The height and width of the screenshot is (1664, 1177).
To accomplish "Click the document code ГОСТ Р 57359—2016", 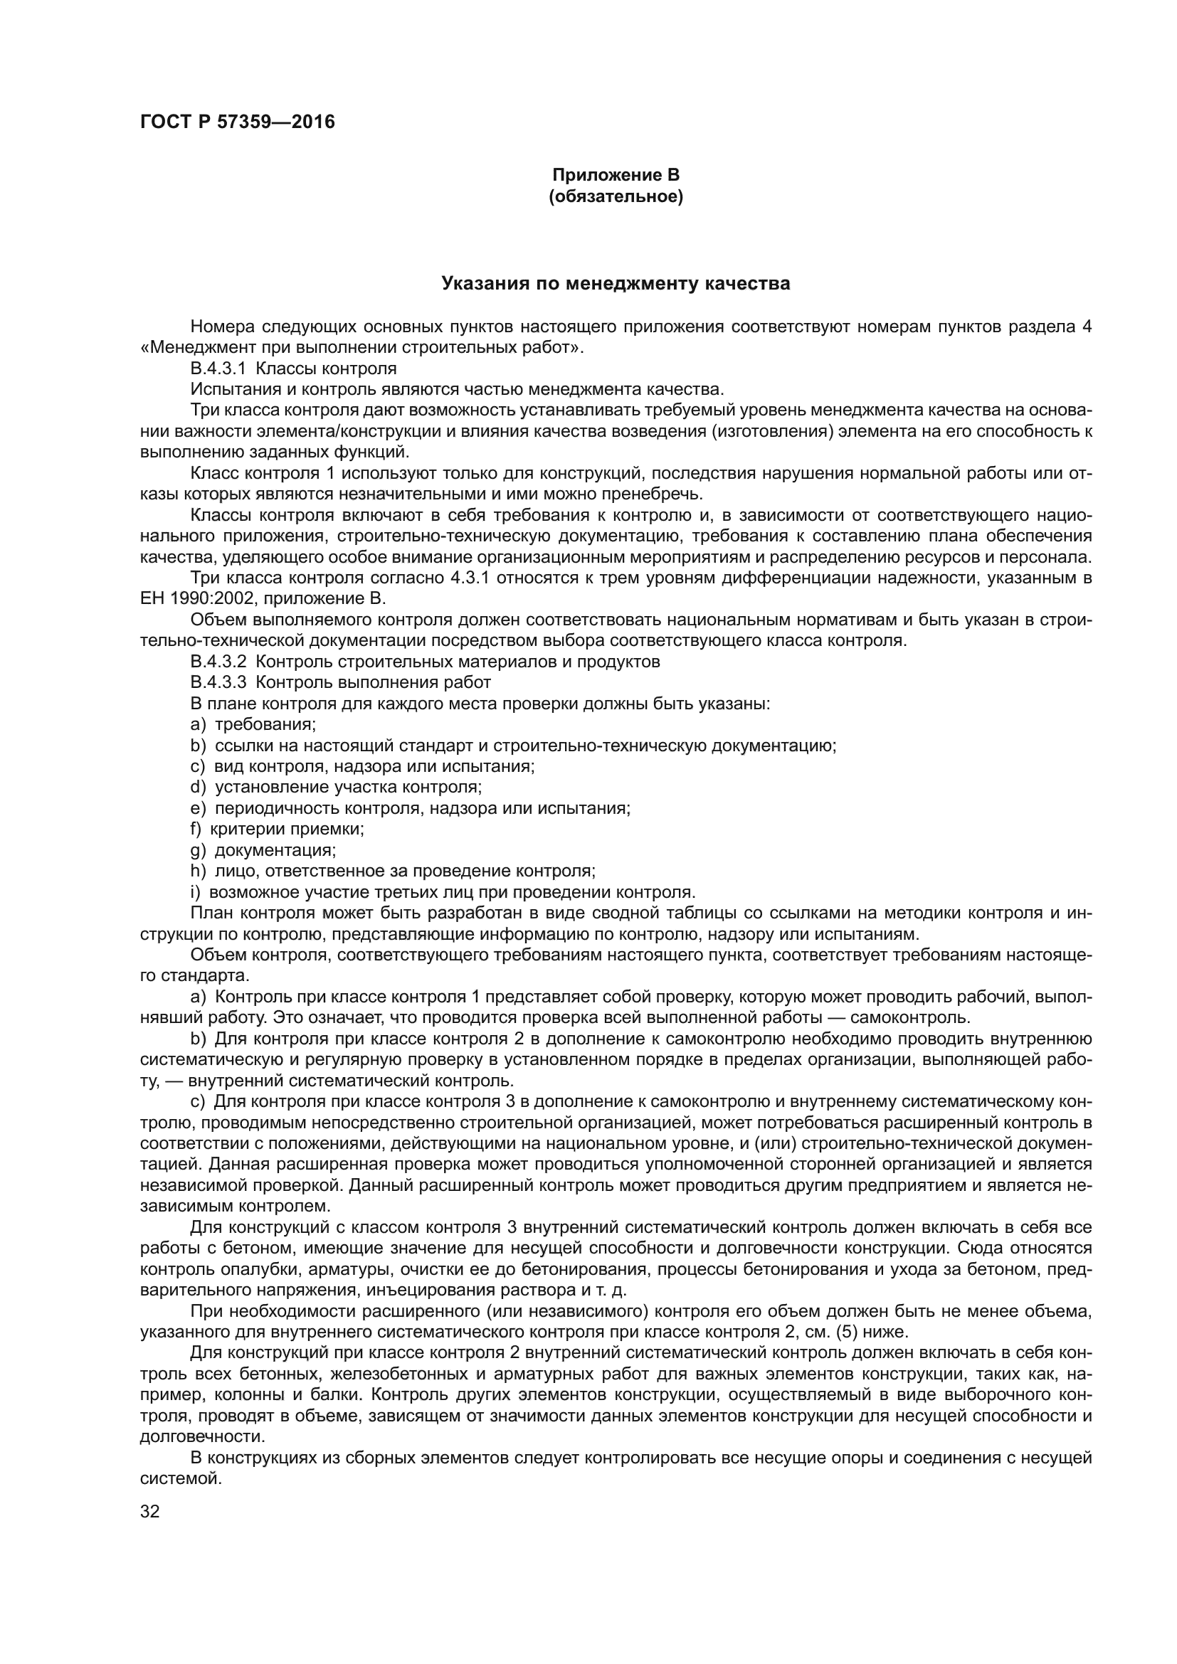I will point(237,122).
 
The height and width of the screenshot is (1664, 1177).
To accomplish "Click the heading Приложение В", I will point(616,176).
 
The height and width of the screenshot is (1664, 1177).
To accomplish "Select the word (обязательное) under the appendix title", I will point(616,196).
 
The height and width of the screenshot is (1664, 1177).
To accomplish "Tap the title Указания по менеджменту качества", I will point(616,283).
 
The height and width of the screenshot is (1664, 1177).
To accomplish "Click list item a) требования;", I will point(253,724).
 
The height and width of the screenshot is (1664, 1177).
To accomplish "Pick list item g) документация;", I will point(263,849).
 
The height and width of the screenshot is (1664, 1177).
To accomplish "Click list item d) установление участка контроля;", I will point(337,786).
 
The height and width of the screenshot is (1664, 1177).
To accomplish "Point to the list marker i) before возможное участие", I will point(195,891).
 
